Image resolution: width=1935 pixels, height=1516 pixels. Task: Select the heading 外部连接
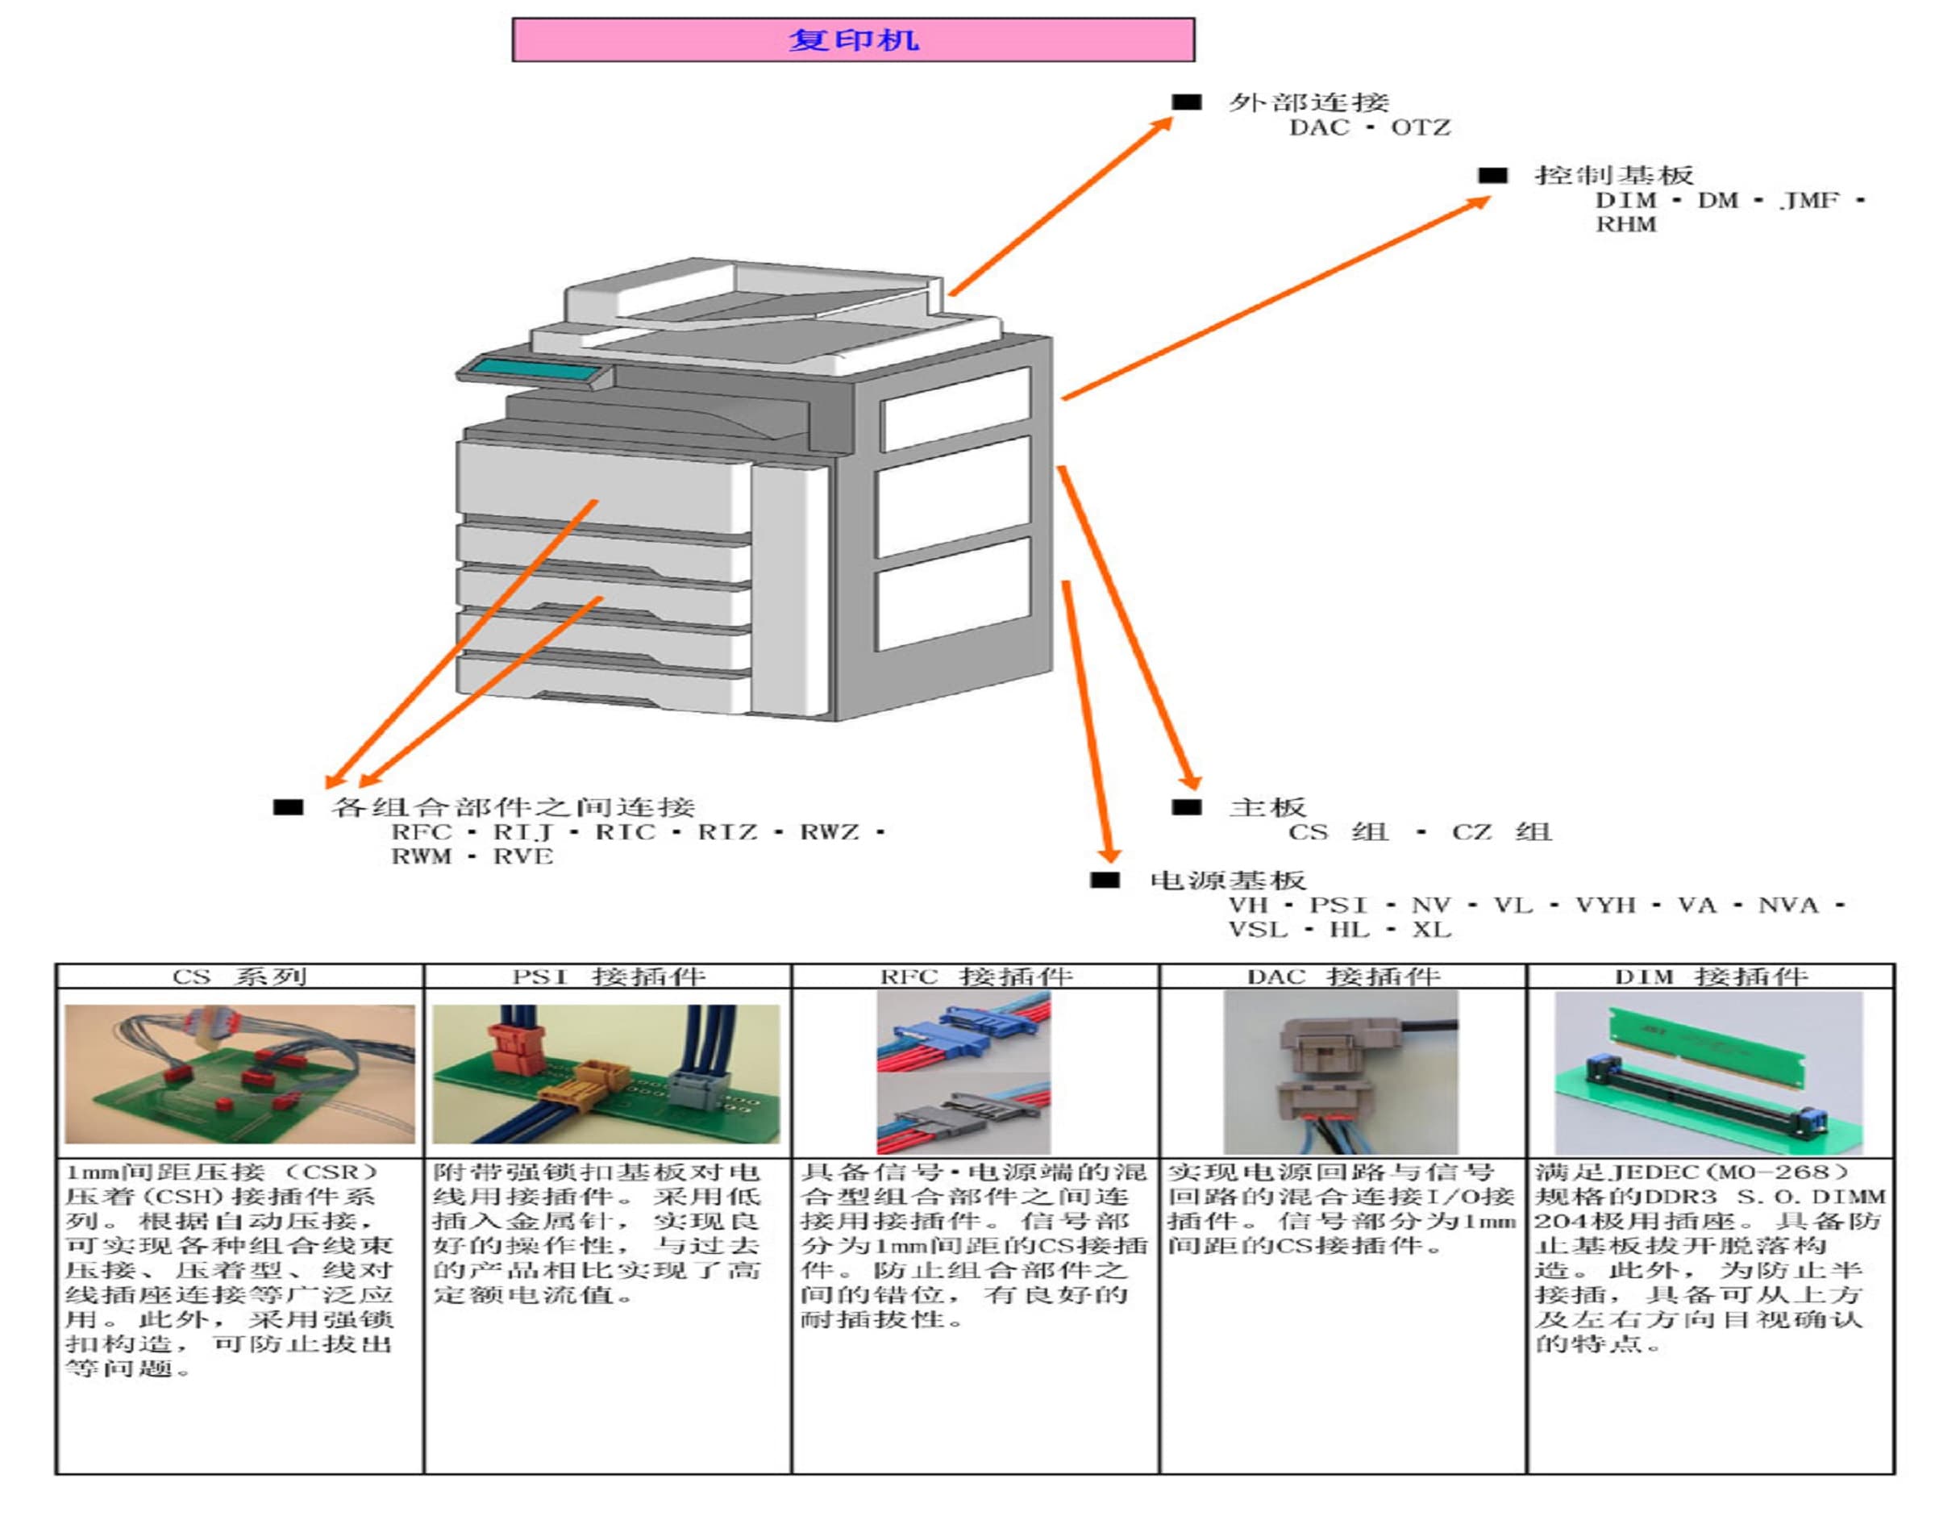click(x=1308, y=103)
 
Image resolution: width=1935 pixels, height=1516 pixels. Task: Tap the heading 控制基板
click(x=1614, y=176)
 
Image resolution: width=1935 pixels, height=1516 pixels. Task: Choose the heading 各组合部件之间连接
click(x=512, y=808)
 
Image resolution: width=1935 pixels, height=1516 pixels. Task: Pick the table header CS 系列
click(x=239, y=977)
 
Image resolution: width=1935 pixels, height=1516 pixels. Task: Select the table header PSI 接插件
click(x=608, y=977)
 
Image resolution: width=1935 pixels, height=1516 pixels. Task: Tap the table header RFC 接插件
click(x=975, y=977)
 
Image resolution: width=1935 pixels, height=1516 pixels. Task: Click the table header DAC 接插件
click(x=1342, y=977)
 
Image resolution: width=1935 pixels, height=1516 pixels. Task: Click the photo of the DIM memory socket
click(x=1708, y=1074)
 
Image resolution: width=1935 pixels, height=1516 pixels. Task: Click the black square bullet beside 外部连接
click(x=1186, y=102)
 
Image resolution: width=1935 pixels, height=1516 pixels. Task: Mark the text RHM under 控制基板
click(x=1625, y=224)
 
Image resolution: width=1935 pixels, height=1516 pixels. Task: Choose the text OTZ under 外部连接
click(x=1420, y=128)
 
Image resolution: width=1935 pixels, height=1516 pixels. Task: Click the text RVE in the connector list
click(x=522, y=857)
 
